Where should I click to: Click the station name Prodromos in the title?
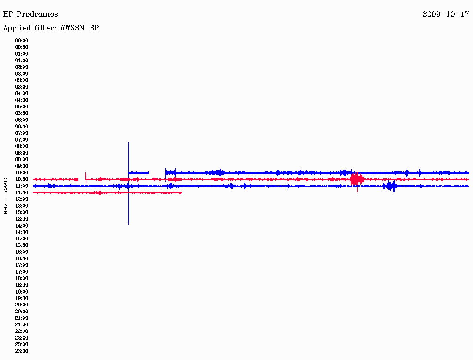37,14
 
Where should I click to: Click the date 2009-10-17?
446,14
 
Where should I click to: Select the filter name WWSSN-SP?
79,28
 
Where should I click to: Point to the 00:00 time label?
22,41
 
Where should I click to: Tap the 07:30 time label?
22,139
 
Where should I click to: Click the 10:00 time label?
22,173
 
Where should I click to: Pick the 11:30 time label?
22,192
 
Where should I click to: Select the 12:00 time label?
22,199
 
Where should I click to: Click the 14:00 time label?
22,226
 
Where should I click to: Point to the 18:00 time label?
22,278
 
